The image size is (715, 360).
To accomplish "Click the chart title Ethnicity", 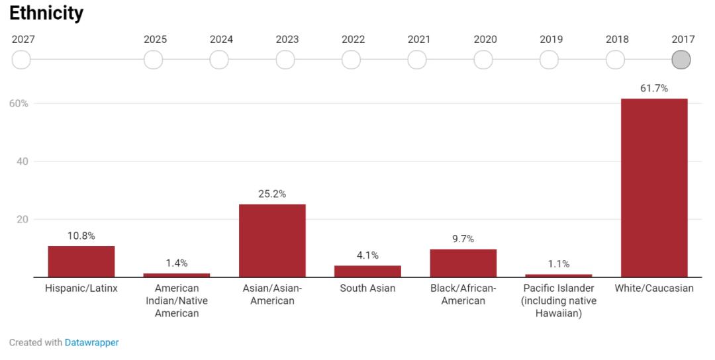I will coord(46,13).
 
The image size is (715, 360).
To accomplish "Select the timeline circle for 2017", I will coord(681,60).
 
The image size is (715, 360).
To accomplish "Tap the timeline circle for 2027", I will coord(21,60).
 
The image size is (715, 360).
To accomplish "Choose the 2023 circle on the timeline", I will coord(285,60).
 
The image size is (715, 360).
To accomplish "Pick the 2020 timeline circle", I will coord(483,60).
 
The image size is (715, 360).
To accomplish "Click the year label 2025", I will coord(155,39).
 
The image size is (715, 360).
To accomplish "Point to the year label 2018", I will coord(617,39).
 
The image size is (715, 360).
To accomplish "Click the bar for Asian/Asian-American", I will coord(272,240).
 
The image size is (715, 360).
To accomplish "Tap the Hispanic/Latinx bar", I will coord(81,261).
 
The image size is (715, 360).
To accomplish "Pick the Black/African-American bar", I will coord(463,263).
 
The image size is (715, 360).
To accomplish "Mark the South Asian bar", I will coord(367,271).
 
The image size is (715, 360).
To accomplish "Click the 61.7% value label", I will coord(654,88).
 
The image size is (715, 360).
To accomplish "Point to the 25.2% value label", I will coord(272,194).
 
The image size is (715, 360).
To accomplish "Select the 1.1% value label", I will coord(558,263).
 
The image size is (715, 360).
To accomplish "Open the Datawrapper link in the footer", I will coord(91,343).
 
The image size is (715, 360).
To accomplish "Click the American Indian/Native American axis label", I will coord(177,300).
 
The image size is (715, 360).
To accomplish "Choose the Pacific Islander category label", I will coord(558,300).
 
